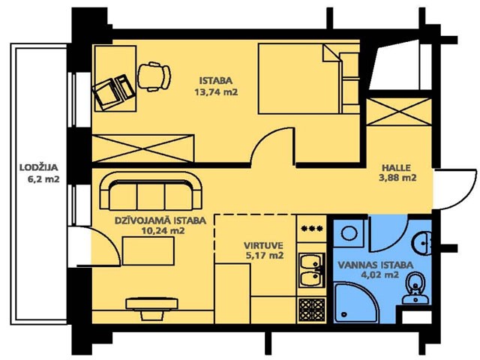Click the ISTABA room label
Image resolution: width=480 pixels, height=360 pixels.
[216, 81]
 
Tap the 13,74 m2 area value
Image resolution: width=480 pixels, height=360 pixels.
[216, 92]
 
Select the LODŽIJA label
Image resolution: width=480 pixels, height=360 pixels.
[38, 168]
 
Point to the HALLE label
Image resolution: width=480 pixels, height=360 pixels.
[396, 168]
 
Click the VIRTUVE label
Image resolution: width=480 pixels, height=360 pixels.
[263, 245]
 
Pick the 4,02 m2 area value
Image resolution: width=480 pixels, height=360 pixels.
[380, 274]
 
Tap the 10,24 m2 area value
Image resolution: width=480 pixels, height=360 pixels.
[163, 230]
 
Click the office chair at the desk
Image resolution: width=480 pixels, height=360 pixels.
[154, 76]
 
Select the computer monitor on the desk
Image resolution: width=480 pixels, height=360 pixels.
[106, 94]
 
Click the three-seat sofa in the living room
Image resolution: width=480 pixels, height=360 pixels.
[151, 191]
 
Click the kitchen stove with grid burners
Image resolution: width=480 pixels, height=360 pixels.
[312, 309]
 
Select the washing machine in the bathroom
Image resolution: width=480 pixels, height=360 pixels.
[349, 233]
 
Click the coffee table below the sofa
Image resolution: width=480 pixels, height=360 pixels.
[148, 251]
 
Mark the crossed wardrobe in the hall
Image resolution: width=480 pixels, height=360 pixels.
[399, 112]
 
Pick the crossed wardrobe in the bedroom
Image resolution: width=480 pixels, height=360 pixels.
[143, 148]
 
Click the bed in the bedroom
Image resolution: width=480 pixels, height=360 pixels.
[308, 79]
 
